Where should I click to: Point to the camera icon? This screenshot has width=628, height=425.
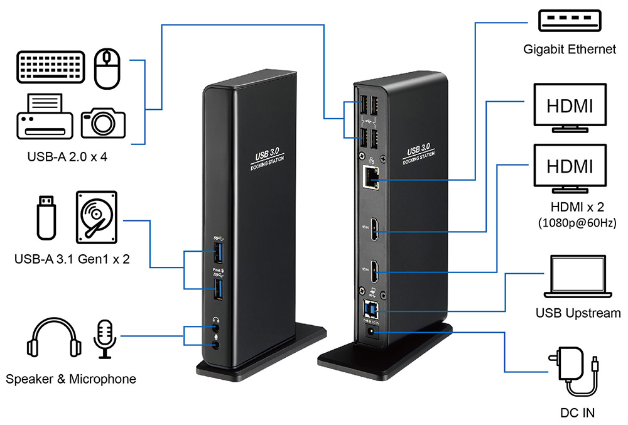click(x=102, y=119)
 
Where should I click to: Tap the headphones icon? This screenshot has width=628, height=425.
click(x=55, y=340)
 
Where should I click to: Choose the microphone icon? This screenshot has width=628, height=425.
click(x=104, y=338)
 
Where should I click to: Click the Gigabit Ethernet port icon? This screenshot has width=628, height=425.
click(x=570, y=21)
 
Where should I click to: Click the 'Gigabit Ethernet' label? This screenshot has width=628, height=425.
click(x=570, y=49)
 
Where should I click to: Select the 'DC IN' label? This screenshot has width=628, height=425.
click(x=577, y=412)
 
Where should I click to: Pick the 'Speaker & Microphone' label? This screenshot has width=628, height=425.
click(x=70, y=379)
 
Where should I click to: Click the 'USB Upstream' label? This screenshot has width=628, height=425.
click(x=578, y=313)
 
